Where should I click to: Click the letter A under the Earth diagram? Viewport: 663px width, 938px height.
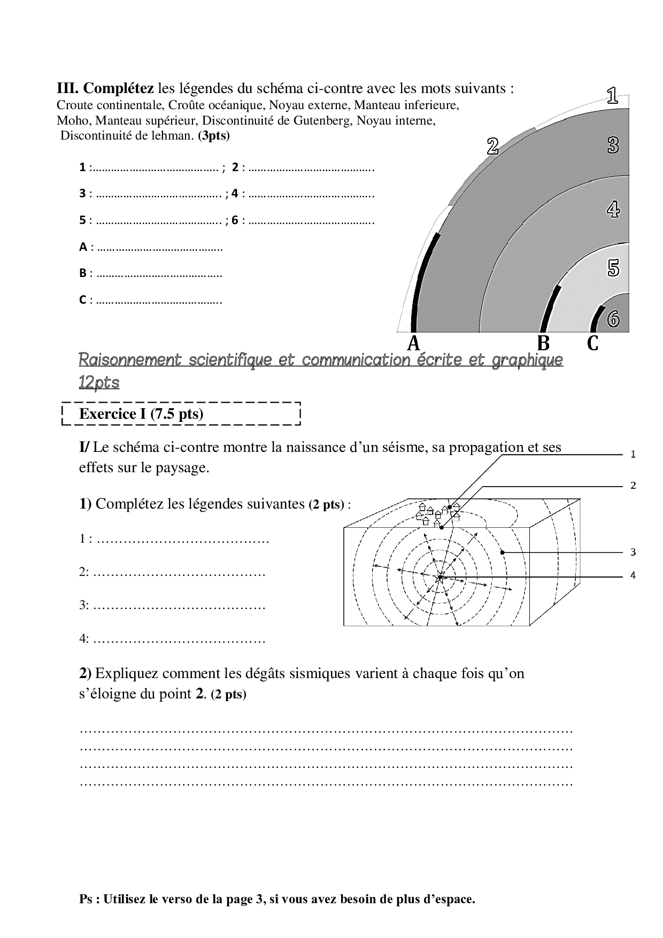click(x=413, y=343)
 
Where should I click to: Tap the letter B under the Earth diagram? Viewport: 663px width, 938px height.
click(x=543, y=343)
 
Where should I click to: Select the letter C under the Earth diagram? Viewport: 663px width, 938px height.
click(x=592, y=343)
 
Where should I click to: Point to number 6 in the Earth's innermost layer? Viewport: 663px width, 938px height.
click(x=613, y=319)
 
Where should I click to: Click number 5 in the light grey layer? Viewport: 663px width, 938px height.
click(x=613, y=268)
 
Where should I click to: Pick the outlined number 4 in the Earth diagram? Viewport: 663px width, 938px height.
click(x=613, y=209)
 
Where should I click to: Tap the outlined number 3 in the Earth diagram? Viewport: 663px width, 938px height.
click(x=613, y=145)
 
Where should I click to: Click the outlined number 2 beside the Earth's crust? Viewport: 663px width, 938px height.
click(x=492, y=146)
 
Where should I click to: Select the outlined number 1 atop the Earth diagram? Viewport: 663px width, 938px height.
click(x=612, y=96)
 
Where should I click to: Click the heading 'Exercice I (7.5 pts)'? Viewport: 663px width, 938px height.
click(x=141, y=414)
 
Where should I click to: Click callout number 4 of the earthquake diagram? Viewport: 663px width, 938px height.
click(x=633, y=575)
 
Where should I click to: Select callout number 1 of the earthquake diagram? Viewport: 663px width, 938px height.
click(x=633, y=455)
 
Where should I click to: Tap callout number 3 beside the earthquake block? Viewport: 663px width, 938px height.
click(x=633, y=552)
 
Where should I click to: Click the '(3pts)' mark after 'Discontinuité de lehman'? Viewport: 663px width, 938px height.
click(x=214, y=135)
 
